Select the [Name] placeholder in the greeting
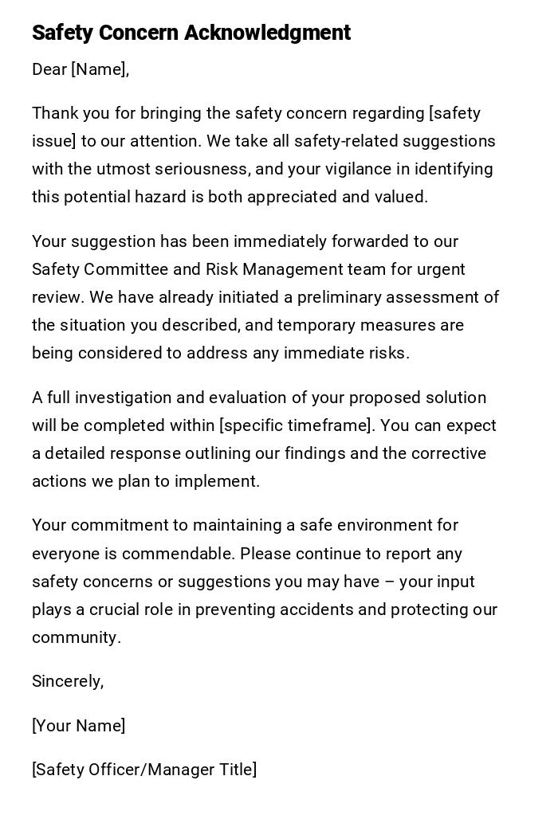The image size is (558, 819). (x=100, y=69)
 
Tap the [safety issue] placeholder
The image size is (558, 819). (x=255, y=127)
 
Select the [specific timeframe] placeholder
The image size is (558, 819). (x=296, y=425)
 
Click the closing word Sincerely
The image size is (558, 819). (x=67, y=681)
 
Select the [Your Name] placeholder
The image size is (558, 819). (x=78, y=726)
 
